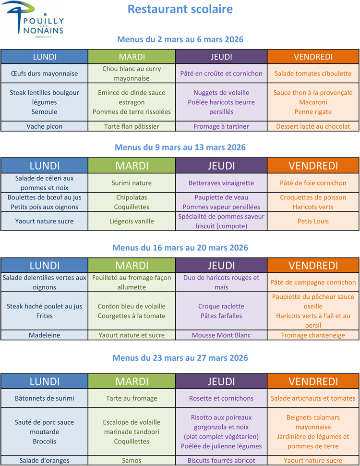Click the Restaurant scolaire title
[x=180, y=9]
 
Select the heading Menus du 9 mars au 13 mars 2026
[x=180, y=147]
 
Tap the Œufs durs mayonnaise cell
[x=44, y=74]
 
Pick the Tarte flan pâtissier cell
[x=132, y=126]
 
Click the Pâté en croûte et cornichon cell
[x=221, y=74]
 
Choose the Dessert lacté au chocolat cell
[x=313, y=126]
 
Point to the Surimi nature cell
[x=132, y=183]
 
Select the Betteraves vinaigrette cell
[x=221, y=183]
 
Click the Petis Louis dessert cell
[x=313, y=221]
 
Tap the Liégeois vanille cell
[x=132, y=221]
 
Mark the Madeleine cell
[x=44, y=335]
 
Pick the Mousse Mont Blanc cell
[x=221, y=335]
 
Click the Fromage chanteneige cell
[x=313, y=335]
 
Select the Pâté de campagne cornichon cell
[x=313, y=282]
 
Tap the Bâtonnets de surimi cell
[x=44, y=398]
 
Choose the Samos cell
[x=132, y=461]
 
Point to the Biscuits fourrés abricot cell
[x=221, y=461]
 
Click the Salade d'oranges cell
[x=44, y=461]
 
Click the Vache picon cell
[x=44, y=126]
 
